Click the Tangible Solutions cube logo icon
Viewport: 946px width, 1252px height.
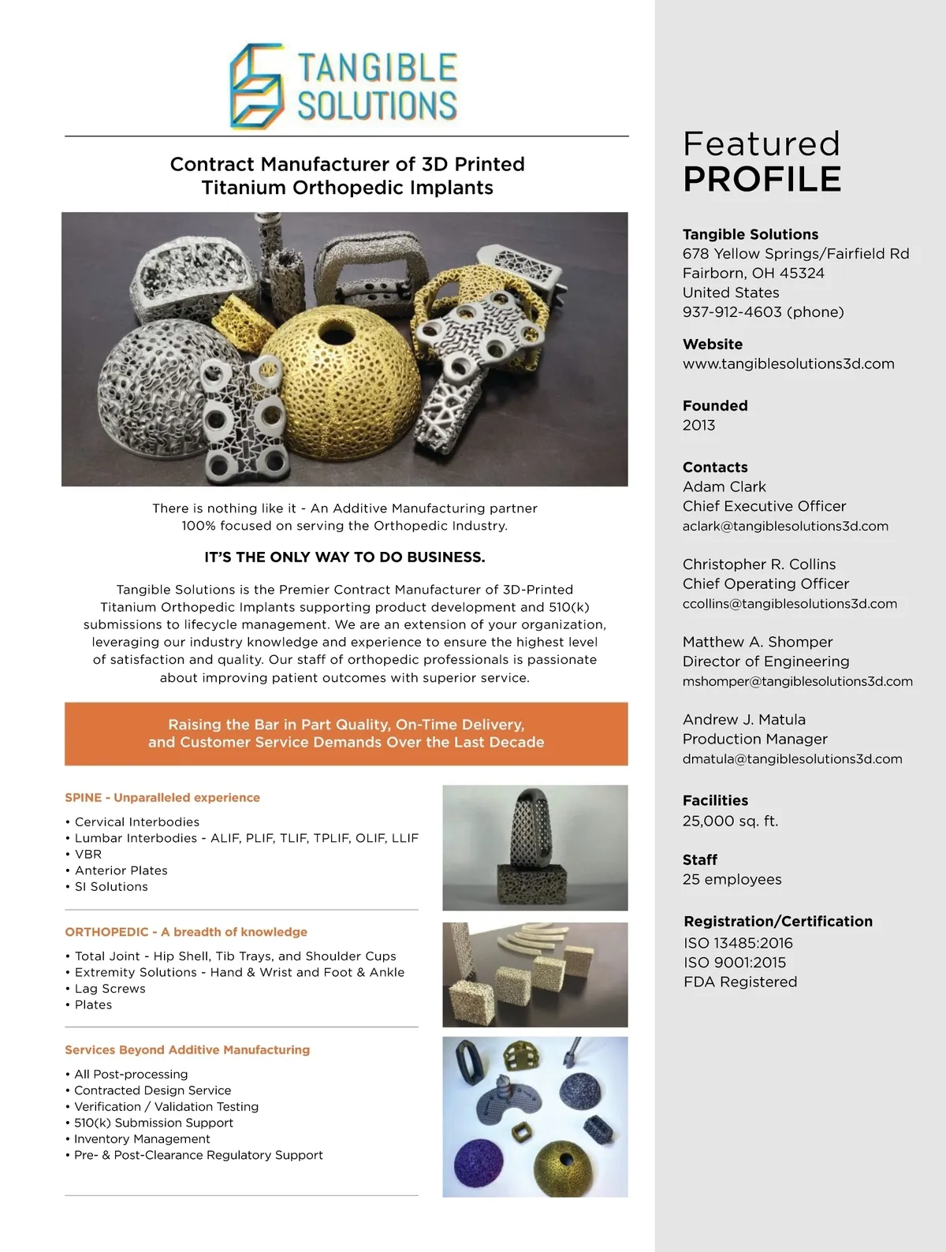pyautogui.click(x=256, y=87)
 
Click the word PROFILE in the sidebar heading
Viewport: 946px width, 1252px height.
pyautogui.click(x=762, y=179)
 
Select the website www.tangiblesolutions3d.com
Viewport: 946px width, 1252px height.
pyautogui.click(x=788, y=364)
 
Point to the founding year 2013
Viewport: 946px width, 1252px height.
pyautogui.click(x=698, y=426)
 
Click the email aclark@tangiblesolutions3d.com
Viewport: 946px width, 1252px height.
pyautogui.click(x=785, y=527)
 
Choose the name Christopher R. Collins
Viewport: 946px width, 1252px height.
pyautogui.click(x=759, y=565)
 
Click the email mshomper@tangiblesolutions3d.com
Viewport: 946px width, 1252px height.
pyautogui.click(x=797, y=681)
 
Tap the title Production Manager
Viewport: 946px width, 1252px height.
pyautogui.click(x=754, y=740)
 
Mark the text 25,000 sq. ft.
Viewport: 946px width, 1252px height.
pyautogui.click(x=730, y=822)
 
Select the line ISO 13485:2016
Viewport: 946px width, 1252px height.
pyautogui.click(x=738, y=943)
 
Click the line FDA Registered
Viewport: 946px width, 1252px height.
pyautogui.click(x=740, y=982)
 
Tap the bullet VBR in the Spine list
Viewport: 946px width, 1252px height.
pyautogui.click(x=88, y=855)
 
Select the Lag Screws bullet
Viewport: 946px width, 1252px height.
pyautogui.click(x=110, y=989)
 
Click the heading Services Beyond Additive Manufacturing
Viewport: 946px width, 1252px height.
pyautogui.click(x=188, y=1050)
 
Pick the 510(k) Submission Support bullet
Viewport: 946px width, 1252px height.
pyautogui.click(x=154, y=1123)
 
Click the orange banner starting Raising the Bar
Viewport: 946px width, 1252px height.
pyautogui.click(x=346, y=734)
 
